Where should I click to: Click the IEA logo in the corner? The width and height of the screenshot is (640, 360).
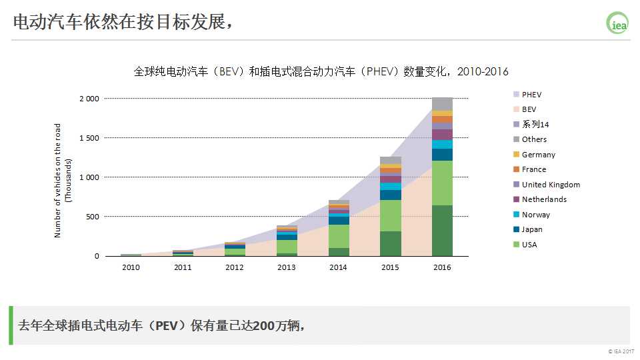coord(617,23)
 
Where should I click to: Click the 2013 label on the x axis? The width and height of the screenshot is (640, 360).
coord(287,267)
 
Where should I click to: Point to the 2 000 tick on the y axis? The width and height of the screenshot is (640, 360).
coord(89,99)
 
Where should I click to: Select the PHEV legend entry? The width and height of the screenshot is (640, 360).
coord(531,95)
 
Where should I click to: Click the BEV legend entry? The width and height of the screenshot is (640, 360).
coord(529,109)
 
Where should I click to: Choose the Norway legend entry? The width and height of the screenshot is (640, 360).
coord(535,215)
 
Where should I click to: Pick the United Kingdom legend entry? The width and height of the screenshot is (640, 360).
coord(551,185)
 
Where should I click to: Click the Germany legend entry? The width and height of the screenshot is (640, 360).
coord(538,155)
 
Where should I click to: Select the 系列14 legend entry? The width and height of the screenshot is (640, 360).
coord(535,125)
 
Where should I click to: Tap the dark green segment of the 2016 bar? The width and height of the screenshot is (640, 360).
coord(442,231)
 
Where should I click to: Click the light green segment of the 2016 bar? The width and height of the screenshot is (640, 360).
coord(442,183)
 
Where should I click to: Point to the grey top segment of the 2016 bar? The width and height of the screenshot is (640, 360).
coord(442,104)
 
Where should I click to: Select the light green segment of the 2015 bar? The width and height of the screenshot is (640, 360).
coord(391,215)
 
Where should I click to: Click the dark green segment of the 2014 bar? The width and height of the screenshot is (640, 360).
coord(339,252)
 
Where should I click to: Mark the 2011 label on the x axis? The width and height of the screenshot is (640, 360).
coord(183,267)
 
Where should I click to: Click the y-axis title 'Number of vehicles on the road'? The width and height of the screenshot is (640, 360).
coord(58,180)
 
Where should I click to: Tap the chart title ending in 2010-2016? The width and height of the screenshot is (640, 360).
coord(321,72)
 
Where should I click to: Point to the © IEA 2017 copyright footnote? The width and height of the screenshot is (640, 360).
coord(621,351)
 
